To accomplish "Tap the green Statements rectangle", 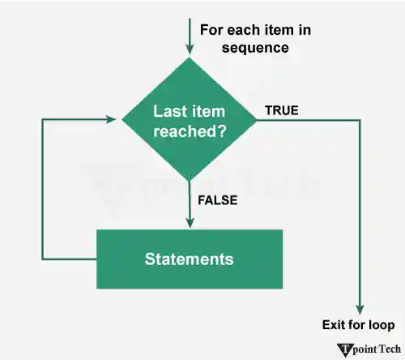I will tap(190, 259).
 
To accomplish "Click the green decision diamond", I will tap(189, 120).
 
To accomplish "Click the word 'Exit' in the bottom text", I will tap(334, 326).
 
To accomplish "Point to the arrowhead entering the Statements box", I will tap(189, 223).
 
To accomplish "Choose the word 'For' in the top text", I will tap(211, 31).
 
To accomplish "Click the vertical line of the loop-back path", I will tap(42, 191).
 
